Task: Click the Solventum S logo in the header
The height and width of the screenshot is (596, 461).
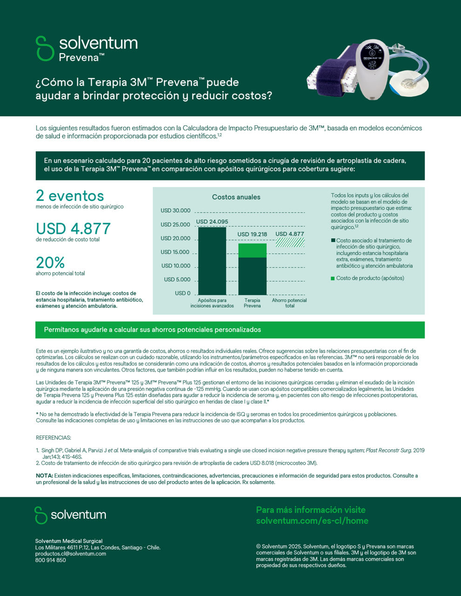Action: (x=45, y=48)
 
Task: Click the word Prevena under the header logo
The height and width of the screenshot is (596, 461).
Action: (x=79, y=58)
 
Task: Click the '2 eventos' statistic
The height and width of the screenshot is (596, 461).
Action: (x=70, y=196)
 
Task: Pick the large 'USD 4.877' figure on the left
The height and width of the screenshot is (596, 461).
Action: (x=73, y=229)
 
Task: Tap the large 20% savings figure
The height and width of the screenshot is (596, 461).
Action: (x=50, y=263)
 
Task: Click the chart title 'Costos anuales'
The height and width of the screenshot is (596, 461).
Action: (x=236, y=197)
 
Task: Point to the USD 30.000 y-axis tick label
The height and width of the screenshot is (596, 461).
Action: (x=176, y=210)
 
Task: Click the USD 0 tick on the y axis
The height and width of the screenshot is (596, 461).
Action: (x=183, y=293)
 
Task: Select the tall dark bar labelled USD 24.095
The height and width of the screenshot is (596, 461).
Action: (x=212, y=261)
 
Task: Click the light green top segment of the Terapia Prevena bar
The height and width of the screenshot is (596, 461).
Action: (x=252, y=251)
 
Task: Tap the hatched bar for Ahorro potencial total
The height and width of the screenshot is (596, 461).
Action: (x=290, y=243)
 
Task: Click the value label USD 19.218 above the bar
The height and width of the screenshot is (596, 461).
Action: (x=252, y=234)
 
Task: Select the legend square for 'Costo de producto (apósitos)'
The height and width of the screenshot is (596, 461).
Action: (x=333, y=278)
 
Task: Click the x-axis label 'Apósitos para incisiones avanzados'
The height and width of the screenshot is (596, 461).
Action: (x=212, y=303)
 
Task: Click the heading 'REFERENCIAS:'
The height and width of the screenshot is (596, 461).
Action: (x=54, y=438)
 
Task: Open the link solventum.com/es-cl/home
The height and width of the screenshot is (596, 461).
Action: (x=312, y=521)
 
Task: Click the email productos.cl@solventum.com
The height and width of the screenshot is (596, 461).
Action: (x=70, y=554)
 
